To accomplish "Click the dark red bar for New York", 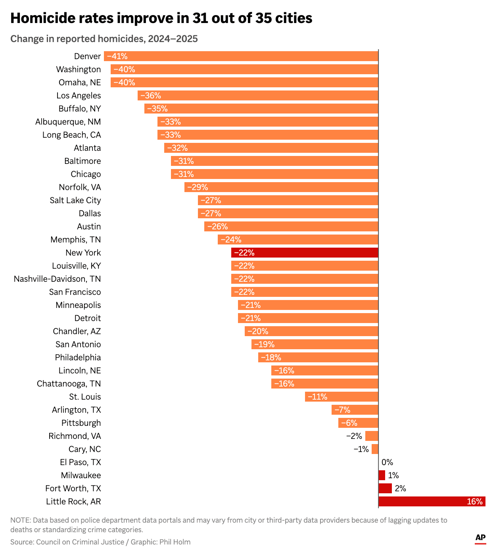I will [305, 253].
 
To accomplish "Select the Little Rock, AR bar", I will [432, 502].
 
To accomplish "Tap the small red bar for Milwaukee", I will [382, 475].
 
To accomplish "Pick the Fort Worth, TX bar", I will [385, 489].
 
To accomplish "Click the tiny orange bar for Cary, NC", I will [375, 449].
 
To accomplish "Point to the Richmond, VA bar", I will [372, 436].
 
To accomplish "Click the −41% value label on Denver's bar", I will [117, 56].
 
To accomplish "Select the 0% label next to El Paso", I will [387, 462].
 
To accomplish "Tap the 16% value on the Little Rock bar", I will [474, 502].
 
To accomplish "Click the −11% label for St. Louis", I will [317, 397].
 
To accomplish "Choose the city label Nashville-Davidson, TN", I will [57, 279].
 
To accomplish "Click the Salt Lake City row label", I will [75, 200].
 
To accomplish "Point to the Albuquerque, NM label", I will [68, 122].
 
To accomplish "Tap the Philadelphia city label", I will [78, 358].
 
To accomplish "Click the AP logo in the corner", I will [480, 538].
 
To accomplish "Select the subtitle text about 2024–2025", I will [104, 39].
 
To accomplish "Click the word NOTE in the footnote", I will [20, 520].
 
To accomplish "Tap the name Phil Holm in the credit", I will [175, 542].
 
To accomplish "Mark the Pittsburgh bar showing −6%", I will [358, 423].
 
